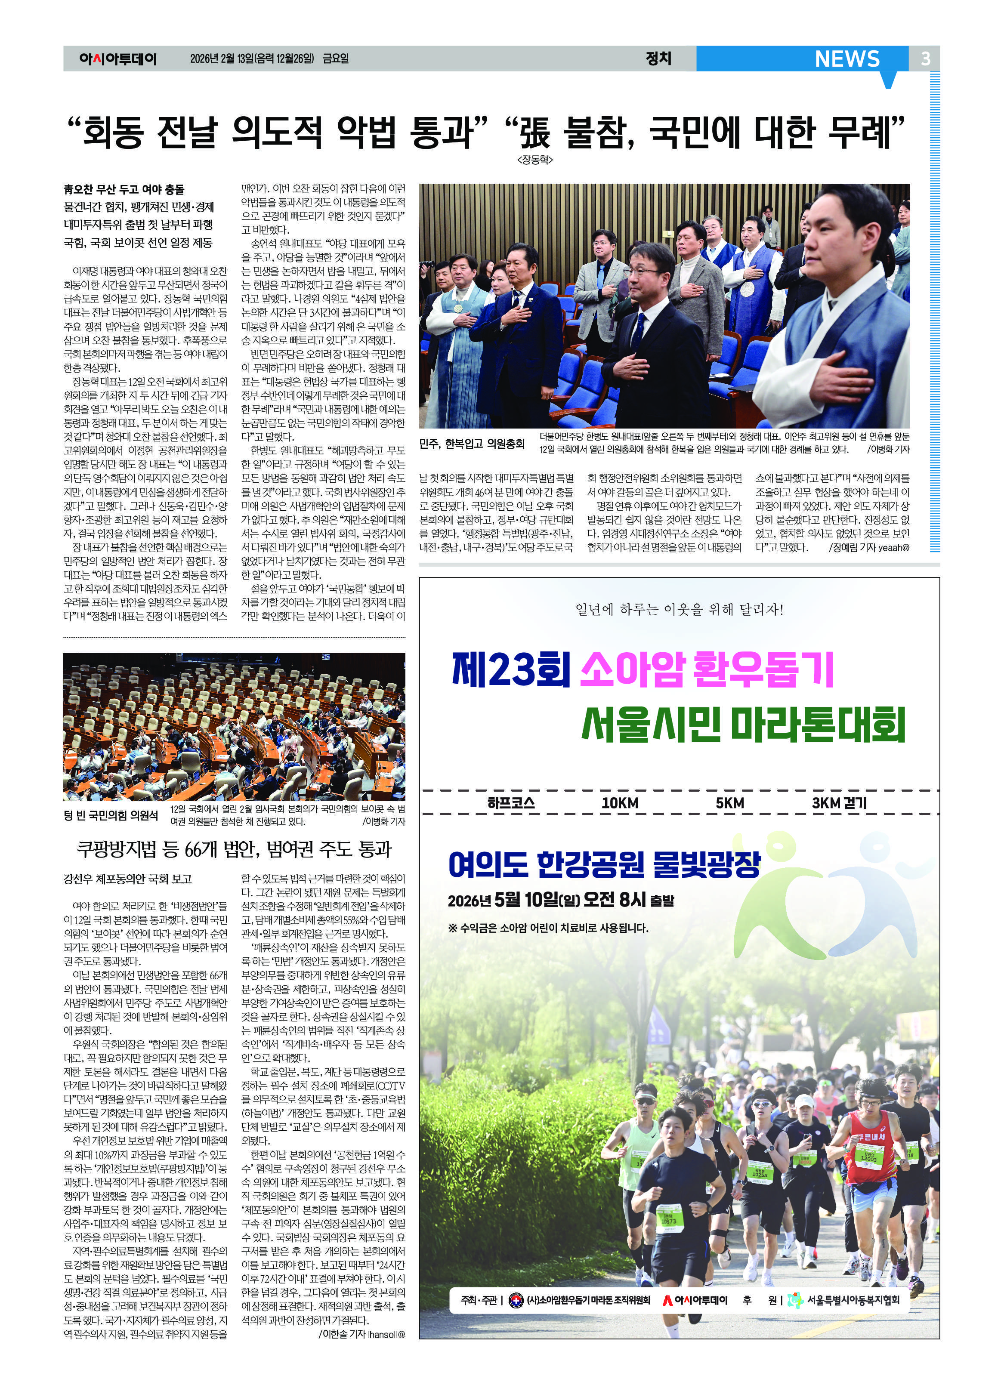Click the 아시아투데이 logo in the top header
point(118,59)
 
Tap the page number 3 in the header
point(925,59)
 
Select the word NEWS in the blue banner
point(847,59)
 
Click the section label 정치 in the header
point(658,58)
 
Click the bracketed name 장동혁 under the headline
point(535,160)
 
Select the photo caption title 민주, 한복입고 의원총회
point(472,443)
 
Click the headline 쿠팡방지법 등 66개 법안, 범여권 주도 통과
point(234,849)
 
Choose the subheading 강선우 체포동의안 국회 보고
point(128,879)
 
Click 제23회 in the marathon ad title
point(510,670)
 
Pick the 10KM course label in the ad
point(619,803)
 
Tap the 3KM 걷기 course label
point(839,803)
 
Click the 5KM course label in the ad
point(730,803)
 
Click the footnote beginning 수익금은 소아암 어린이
point(548,928)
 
